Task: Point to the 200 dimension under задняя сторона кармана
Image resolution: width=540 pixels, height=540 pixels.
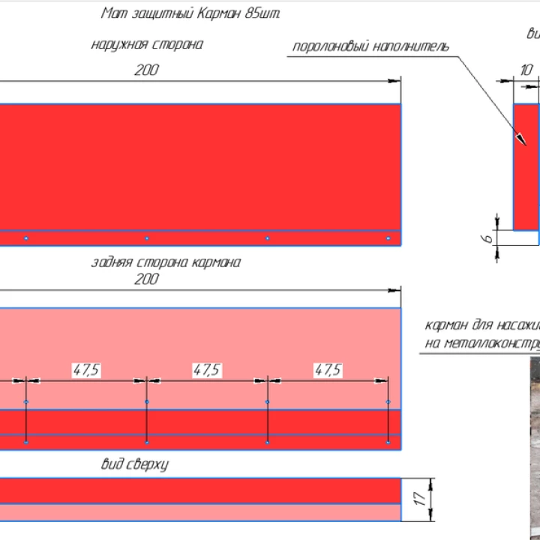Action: coord(147,279)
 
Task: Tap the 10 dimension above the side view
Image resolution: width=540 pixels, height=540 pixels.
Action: coord(526,70)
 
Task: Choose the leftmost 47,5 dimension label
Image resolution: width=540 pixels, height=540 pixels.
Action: coord(86,369)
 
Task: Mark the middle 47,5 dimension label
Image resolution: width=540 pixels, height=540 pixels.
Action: coord(206,369)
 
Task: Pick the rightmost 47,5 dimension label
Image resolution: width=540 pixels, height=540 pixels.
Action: coord(327,369)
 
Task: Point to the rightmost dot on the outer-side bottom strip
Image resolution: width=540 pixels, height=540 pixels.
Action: coord(388,238)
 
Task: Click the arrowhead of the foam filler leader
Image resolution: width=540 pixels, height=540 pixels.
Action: coord(517,137)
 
